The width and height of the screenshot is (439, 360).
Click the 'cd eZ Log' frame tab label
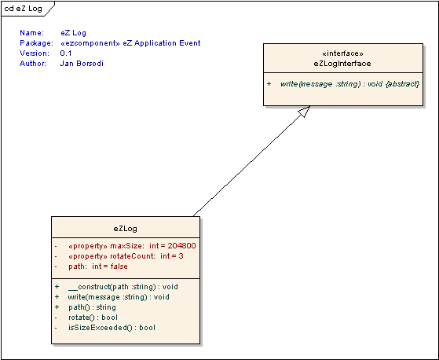point(24,9)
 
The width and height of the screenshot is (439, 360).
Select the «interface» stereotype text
point(342,53)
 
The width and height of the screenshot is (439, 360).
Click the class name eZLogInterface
point(342,64)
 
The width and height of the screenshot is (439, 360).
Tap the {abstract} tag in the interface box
point(402,84)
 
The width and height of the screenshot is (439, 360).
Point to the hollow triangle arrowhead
point(305,111)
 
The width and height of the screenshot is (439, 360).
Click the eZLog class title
point(126,229)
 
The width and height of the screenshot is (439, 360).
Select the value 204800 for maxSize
point(181,246)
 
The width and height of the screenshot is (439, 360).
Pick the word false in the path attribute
point(119,266)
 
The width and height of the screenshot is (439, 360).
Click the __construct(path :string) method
point(112,287)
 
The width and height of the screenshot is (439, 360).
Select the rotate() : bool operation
point(93,318)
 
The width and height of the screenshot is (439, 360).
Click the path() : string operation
point(92,307)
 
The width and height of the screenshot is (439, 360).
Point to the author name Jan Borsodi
point(82,64)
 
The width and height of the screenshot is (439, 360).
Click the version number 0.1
point(66,53)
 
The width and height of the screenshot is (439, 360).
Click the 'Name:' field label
point(32,33)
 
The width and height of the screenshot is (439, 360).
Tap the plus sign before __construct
point(57,287)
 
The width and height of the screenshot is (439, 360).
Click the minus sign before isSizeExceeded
point(56,328)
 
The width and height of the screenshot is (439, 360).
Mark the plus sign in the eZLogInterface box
point(269,84)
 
